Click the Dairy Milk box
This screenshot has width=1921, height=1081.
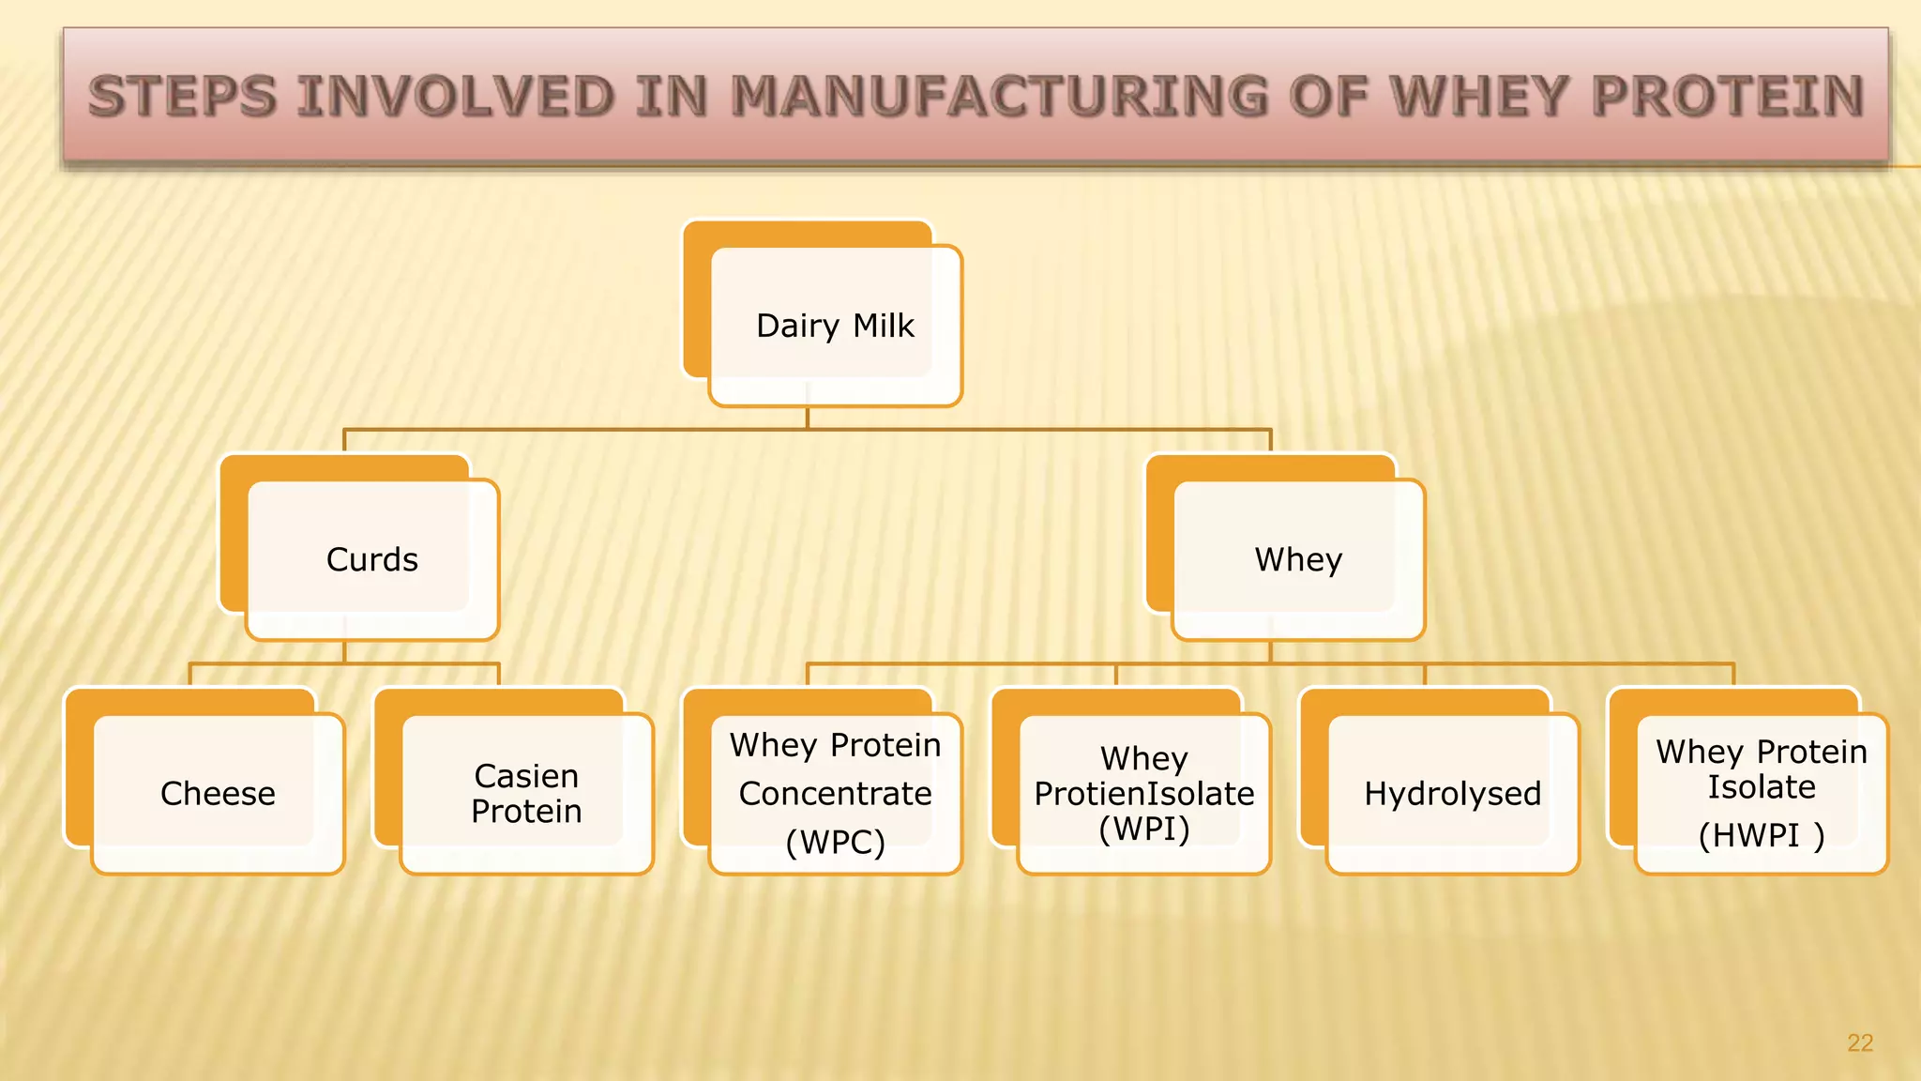[x=835, y=326]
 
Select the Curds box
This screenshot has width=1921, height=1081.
[x=371, y=559]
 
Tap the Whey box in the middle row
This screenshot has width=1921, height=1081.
[x=1298, y=559]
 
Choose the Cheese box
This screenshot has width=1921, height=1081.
[x=218, y=794]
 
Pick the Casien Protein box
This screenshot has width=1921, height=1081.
[x=526, y=794]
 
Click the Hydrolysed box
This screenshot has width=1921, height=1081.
[x=1452, y=794]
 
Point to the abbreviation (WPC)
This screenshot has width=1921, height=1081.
[x=835, y=842]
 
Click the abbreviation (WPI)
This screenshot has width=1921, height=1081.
[x=1143, y=829]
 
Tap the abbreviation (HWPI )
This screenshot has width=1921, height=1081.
[x=1761, y=834]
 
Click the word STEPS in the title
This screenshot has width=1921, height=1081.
[x=183, y=97]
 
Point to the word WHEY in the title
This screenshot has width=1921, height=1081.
[x=1479, y=97]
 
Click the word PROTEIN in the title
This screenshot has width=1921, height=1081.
[x=1728, y=97]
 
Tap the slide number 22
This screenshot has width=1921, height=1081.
[x=1859, y=1043]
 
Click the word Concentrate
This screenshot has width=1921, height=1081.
[x=835, y=794]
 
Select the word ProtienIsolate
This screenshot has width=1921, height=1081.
[x=1143, y=794]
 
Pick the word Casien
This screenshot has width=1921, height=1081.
[x=526, y=776]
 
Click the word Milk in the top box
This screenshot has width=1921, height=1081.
[x=884, y=326]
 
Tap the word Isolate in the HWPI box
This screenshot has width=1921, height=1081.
[x=1761, y=787]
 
